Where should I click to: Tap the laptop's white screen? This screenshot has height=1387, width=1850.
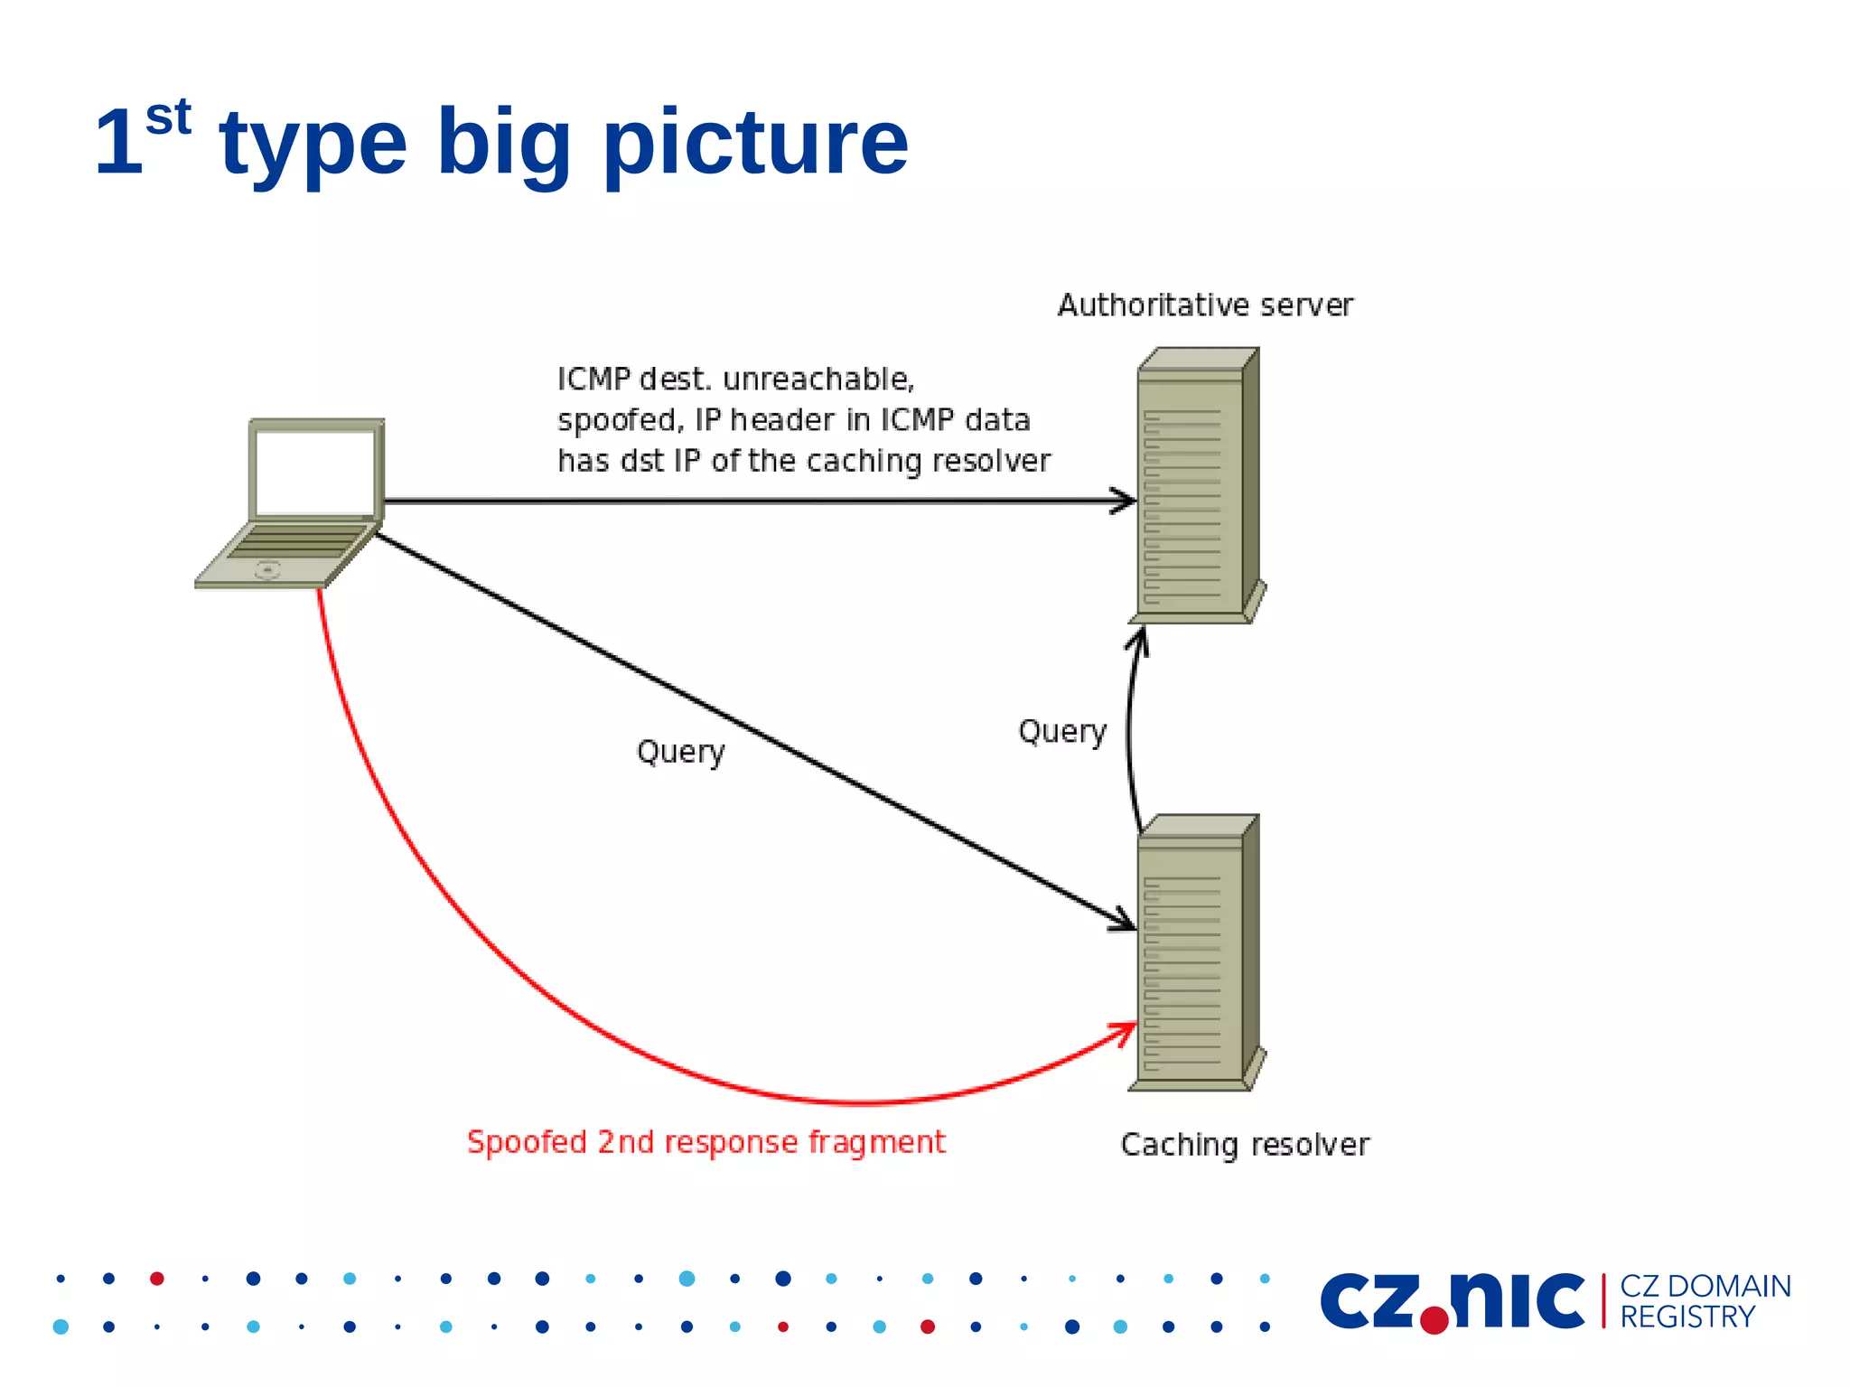click(314, 472)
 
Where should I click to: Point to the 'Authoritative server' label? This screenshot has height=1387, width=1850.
click(1205, 305)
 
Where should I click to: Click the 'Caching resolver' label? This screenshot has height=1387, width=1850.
click(1245, 1145)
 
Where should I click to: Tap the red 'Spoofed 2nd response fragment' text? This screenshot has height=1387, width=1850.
click(705, 1142)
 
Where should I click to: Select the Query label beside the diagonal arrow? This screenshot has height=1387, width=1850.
click(680, 752)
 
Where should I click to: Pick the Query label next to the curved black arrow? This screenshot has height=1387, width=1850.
click(1062, 731)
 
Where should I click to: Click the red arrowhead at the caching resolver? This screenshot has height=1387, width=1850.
click(1127, 1030)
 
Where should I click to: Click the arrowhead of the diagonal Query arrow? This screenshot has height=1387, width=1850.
click(1126, 922)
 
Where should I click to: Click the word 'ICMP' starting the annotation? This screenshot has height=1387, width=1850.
click(593, 380)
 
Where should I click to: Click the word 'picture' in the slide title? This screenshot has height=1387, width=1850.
click(755, 142)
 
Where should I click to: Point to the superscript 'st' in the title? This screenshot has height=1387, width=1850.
click(168, 117)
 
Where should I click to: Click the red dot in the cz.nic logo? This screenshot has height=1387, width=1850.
click(1434, 1319)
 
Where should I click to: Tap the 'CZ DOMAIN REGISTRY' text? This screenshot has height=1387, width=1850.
click(1705, 1301)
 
